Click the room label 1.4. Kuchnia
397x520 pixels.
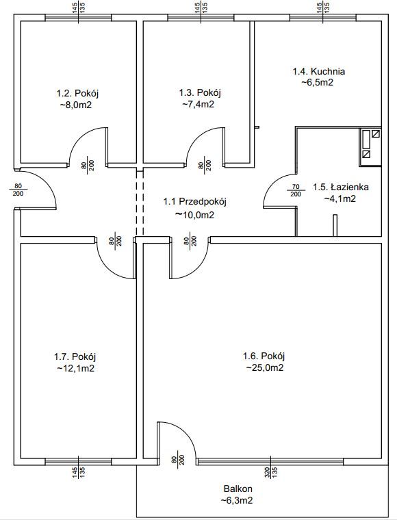pyautogui.click(x=319, y=71)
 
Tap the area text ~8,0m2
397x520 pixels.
pyautogui.click(x=75, y=105)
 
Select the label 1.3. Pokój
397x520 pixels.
pyautogui.click(x=200, y=93)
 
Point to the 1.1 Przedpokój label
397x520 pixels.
pyautogui.click(x=194, y=202)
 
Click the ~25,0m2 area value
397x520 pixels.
pyautogui.click(x=265, y=368)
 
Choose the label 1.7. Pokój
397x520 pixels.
pyautogui.click(x=75, y=357)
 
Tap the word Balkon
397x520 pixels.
pyautogui.click(x=238, y=489)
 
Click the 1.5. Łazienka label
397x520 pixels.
pyautogui.click(x=341, y=187)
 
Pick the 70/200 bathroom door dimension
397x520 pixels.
pyautogui.click(x=296, y=191)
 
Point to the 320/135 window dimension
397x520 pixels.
pyautogui.click(x=271, y=472)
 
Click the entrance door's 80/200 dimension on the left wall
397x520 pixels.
pyautogui.click(x=18, y=190)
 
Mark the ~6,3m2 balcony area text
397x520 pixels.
pyautogui.click(x=238, y=500)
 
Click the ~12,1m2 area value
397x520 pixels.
pyautogui.click(x=75, y=368)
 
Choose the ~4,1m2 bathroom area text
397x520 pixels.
pyautogui.click(x=340, y=198)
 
